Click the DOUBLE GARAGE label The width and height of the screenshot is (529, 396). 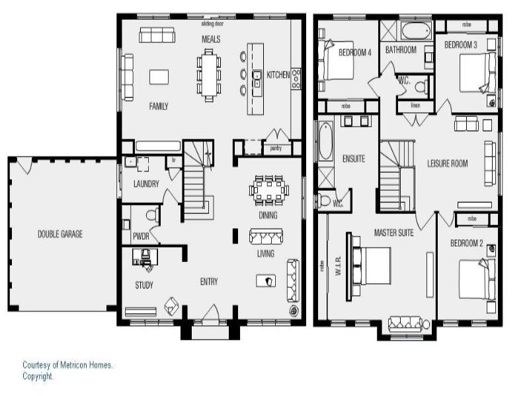[60, 234]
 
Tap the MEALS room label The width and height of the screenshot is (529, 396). [211, 40]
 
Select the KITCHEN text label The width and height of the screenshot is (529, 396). [278, 75]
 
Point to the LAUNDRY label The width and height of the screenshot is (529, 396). [145, 184]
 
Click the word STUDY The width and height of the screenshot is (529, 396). [143, 285]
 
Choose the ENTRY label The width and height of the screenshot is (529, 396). [209, 282]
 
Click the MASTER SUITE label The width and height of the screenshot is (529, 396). [393, 232]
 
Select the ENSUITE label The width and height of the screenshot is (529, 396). [354, 158]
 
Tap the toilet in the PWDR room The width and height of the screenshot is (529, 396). [151, 214]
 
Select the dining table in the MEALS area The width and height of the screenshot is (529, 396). [209, 75]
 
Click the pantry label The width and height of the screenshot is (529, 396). [275, 149]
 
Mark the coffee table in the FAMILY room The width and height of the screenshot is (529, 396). [159, 77]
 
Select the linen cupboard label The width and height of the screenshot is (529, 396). [415, 106]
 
